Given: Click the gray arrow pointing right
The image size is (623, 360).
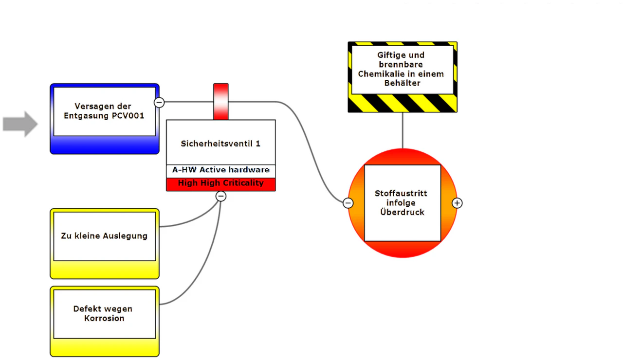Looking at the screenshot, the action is pos(20,124).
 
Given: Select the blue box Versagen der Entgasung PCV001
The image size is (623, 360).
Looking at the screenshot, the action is pos(105,119).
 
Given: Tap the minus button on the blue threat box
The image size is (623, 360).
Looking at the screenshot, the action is pos(159,103).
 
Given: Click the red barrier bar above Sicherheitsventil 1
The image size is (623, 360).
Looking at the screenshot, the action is pos(221,102).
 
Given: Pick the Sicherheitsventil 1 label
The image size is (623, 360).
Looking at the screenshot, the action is pos(220,144).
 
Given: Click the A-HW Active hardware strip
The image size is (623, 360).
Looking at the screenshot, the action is pos(221,170).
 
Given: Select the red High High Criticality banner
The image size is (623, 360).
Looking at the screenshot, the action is pos(221,184).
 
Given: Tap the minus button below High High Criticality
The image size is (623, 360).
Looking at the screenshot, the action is pos(221,197).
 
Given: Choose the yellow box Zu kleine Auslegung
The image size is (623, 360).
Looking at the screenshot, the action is pos(105,244).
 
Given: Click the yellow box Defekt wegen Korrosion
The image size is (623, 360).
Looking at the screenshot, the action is pos(105,322).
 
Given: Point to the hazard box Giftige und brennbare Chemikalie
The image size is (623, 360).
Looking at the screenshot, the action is pos(403,77).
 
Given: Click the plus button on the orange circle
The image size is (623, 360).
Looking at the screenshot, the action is pos(457,203).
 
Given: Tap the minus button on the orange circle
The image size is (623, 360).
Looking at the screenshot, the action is pos(348,203).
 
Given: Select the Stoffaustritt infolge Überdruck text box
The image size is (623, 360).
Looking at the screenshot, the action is pos(403,203).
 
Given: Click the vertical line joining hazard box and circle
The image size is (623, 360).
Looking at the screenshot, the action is pos(403,130).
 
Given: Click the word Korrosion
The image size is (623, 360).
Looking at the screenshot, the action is pos(104,318).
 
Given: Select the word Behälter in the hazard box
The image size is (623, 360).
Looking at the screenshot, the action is pos(402,83).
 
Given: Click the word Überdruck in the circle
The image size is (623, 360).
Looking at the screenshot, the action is pos(402,212).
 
